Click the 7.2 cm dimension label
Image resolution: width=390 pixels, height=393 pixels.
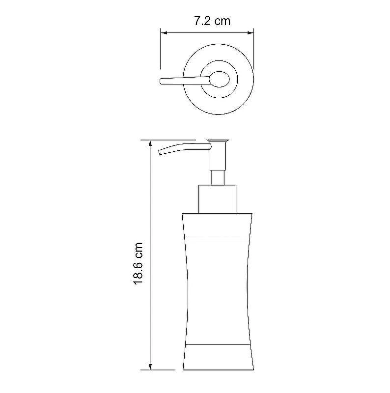pos(212,21)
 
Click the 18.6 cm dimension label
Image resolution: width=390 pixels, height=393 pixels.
pos(138,263)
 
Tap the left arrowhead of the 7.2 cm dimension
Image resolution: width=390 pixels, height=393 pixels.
pos(164,32)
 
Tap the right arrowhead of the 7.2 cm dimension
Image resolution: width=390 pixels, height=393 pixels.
pos(251,32)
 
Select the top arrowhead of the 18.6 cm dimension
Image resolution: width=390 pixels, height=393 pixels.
pos(150,143)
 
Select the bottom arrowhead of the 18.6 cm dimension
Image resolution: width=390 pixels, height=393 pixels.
pos(150,366)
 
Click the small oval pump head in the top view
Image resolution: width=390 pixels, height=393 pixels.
pos(219,79)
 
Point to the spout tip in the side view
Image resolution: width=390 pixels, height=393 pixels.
pos(160,152)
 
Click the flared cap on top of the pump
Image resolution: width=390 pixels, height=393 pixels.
pos(218,141)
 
